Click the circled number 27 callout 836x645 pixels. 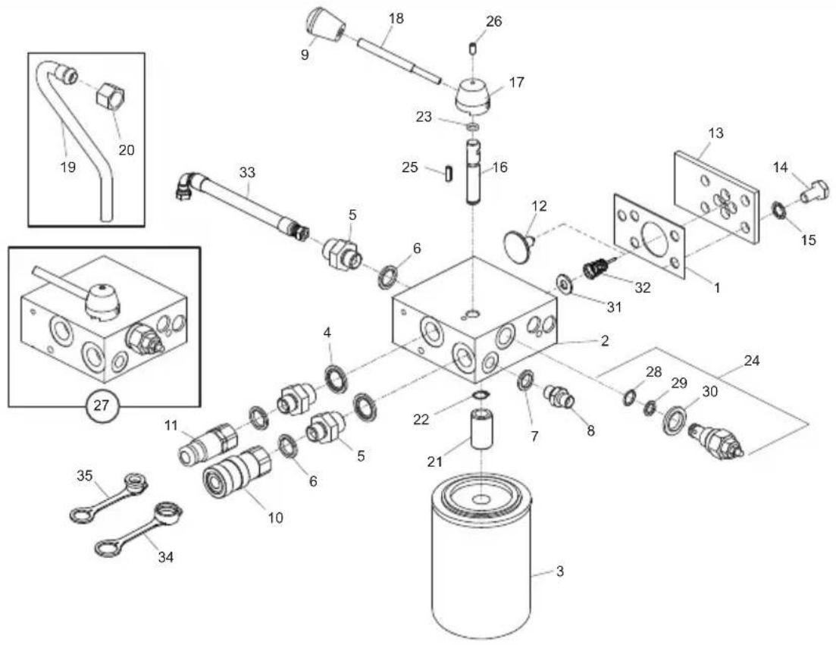pos(102,405)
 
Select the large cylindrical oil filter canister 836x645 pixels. pos(482,557)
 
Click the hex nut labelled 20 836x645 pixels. pos(111,97)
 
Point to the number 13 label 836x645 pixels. pos(715,133)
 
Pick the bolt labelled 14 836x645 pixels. pos(814,191)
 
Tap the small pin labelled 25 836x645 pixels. pos(447,174)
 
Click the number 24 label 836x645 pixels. pos(752,361)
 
